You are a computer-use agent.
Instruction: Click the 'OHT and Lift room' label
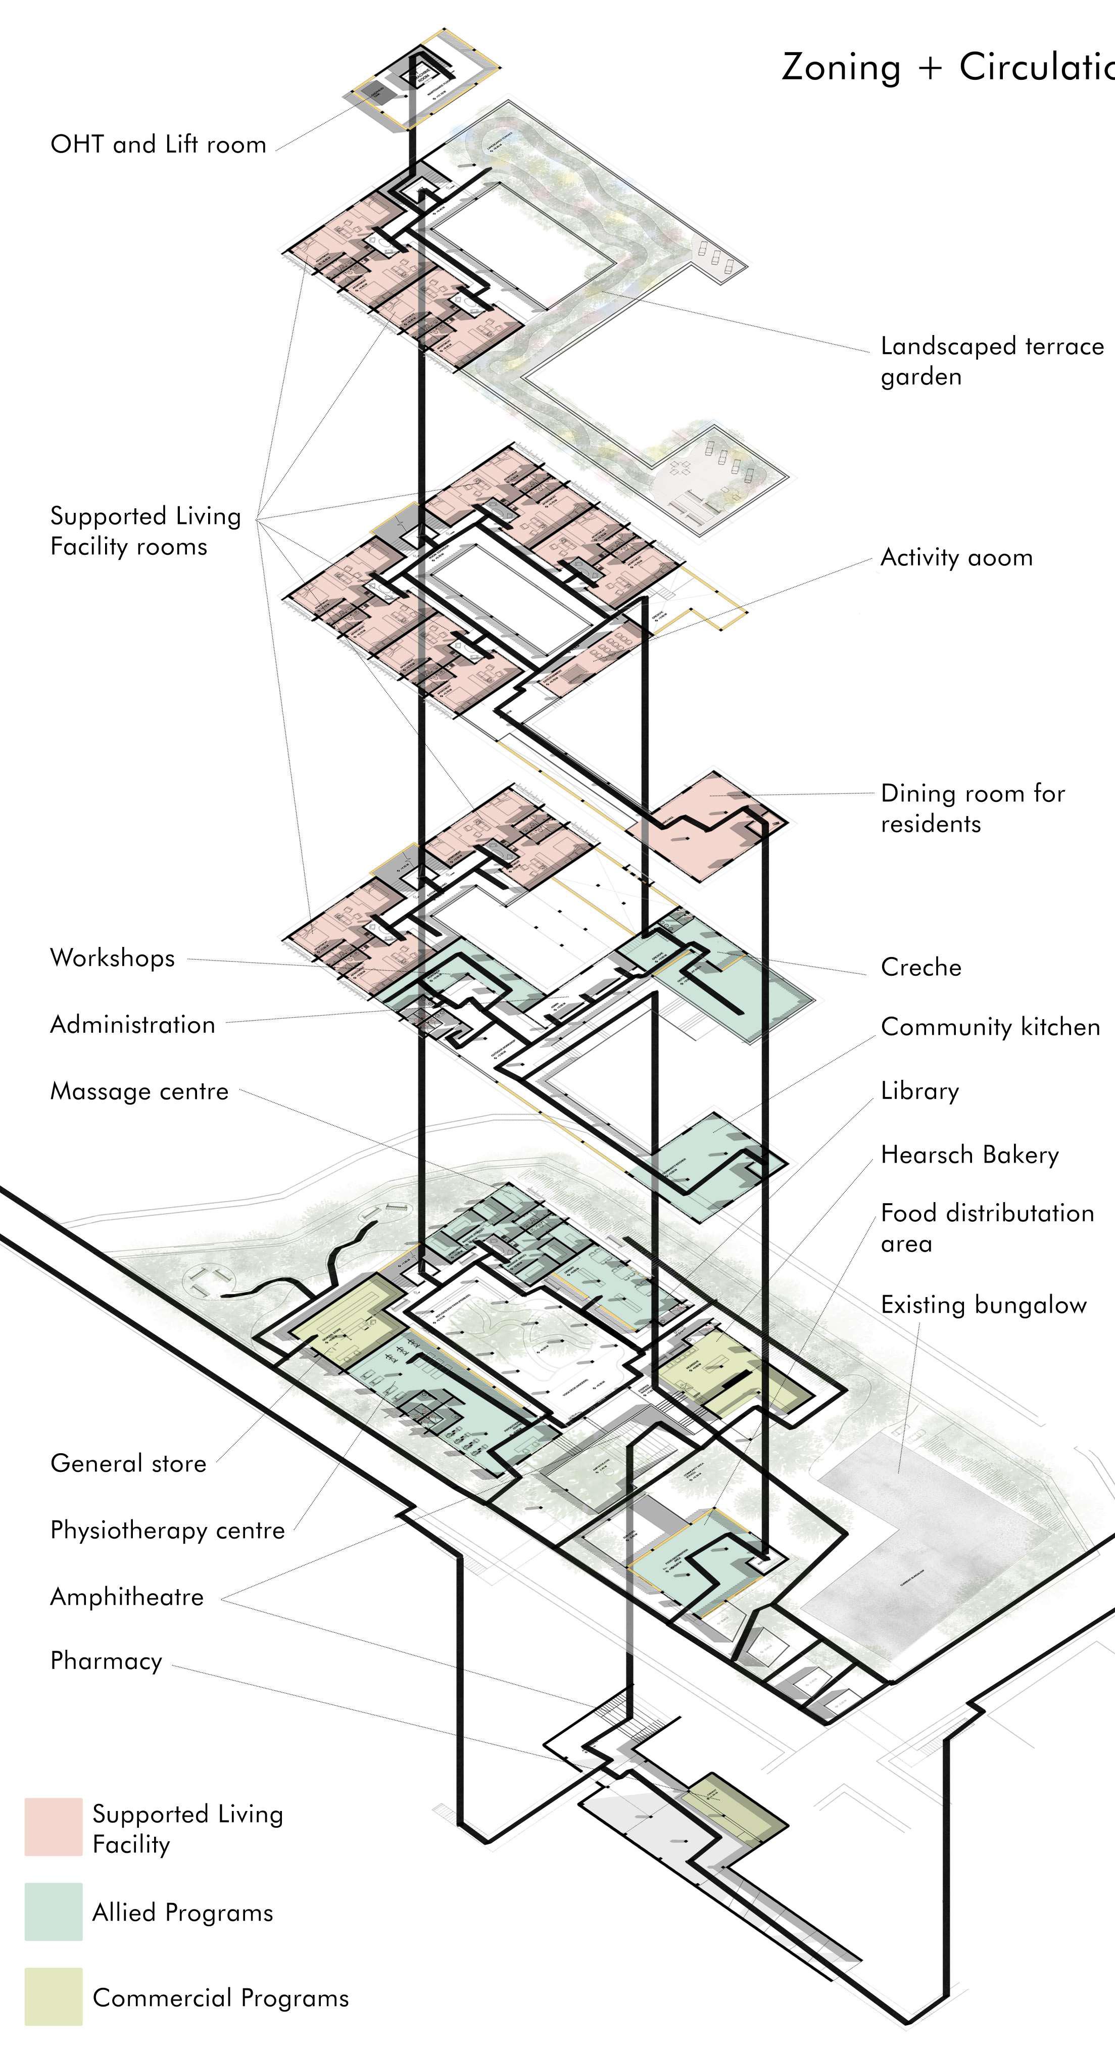coord(158,145)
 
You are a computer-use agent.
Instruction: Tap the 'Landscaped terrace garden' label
coord(992,361)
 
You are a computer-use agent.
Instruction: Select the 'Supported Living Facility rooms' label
coord(145,531)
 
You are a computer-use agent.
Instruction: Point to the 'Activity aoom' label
coord(956,557)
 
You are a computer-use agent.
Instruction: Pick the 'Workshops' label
coord(112,958)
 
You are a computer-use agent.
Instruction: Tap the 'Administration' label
coord(132,1025)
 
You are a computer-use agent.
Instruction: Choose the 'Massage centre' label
coord(139,1091)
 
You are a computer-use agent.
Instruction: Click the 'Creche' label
coord(921,967)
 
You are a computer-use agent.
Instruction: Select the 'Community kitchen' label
coord(990,1027)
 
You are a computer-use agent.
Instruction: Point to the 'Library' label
coord(919,1091)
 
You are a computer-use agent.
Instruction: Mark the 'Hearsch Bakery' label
coord(969,1155)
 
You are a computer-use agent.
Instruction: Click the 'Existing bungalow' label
coord(983,1305)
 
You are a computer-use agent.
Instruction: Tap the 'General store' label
coord(128,1463)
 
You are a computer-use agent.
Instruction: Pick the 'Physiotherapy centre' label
coord(167,1530)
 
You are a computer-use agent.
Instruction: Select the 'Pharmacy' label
coord(106,1661)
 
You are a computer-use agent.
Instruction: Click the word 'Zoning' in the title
coord(841,68)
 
